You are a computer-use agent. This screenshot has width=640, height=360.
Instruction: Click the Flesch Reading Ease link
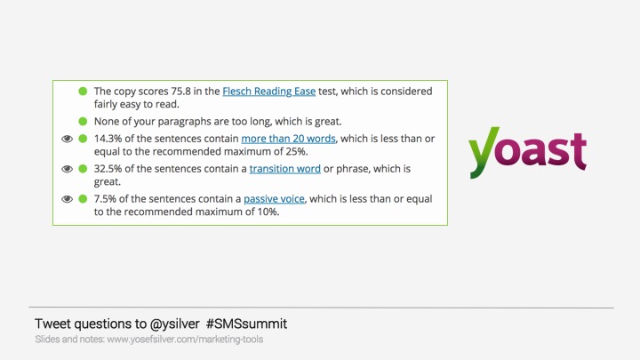269,91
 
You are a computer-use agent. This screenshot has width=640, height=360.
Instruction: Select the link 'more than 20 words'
289,139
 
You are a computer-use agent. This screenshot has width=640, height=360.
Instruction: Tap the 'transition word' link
285,169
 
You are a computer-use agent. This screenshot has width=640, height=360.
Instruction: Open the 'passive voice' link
274,199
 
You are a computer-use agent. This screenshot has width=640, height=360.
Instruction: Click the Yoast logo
527,152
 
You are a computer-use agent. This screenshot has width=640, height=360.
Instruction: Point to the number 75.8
180,91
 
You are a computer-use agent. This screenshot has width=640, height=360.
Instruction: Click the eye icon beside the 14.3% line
67,139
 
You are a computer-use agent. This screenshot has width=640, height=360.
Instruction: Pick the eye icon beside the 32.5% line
67,169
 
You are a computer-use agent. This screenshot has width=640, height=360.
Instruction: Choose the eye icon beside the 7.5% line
67,199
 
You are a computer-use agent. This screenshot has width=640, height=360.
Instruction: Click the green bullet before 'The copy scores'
83,91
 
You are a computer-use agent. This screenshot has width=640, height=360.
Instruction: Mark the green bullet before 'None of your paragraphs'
83,121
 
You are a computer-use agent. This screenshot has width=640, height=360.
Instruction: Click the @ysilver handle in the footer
175,324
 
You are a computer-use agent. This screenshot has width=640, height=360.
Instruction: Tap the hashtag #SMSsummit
246,324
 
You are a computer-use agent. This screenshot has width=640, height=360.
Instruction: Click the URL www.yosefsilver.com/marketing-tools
185,340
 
